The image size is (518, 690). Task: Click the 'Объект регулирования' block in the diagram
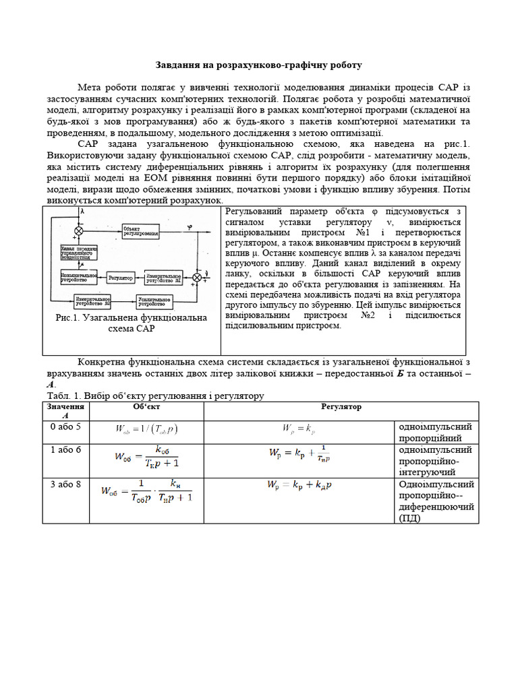pos(142,231)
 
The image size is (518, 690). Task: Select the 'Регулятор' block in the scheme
pos(123,276)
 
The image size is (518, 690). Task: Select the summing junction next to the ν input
pos(197,277)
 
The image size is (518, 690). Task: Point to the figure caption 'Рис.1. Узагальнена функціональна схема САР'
pos(132,323)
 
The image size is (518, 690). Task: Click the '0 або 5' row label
pos(65,427)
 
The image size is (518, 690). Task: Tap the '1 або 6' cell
pos(65,449)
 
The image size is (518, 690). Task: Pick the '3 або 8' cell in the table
pos(65,484)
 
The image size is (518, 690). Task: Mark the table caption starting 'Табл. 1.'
pos(154,396)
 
